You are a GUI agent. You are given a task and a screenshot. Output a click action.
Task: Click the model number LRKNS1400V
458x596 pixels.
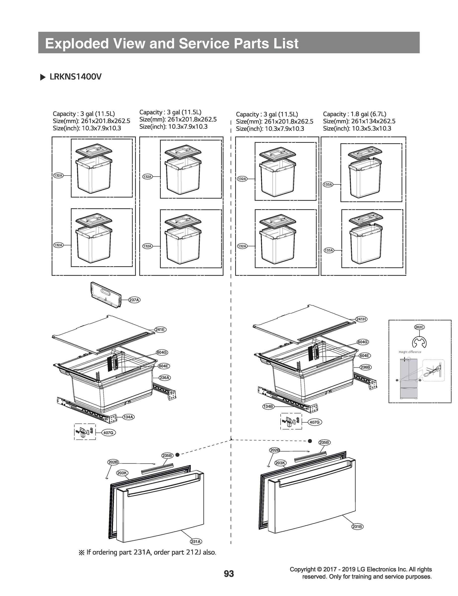(76, 77)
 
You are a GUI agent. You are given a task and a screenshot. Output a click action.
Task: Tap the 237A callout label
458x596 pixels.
(134, 300)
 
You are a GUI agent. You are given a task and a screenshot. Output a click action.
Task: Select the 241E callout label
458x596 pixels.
(160, 329)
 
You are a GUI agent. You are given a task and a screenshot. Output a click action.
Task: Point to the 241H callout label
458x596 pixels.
(361, 319)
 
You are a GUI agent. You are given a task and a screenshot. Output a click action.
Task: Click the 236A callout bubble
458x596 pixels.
(165, 377)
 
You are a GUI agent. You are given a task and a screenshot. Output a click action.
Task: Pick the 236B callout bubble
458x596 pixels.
(365, 367)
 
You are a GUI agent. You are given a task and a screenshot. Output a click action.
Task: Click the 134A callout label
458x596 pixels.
(128, 417)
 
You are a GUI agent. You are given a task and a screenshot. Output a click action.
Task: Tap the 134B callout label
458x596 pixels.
(268, 407)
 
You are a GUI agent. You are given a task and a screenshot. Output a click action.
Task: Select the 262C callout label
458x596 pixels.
(419, 327)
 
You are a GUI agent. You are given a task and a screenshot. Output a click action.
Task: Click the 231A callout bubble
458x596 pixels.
(196, 542)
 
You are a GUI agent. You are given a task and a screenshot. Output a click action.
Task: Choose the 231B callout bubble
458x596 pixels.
(357, 526)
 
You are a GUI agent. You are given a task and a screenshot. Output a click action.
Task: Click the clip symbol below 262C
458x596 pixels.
(419, 342)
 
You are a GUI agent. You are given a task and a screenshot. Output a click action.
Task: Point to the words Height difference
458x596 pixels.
(410, 352)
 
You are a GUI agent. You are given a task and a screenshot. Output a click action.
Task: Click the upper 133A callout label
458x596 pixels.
(328, 185)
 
